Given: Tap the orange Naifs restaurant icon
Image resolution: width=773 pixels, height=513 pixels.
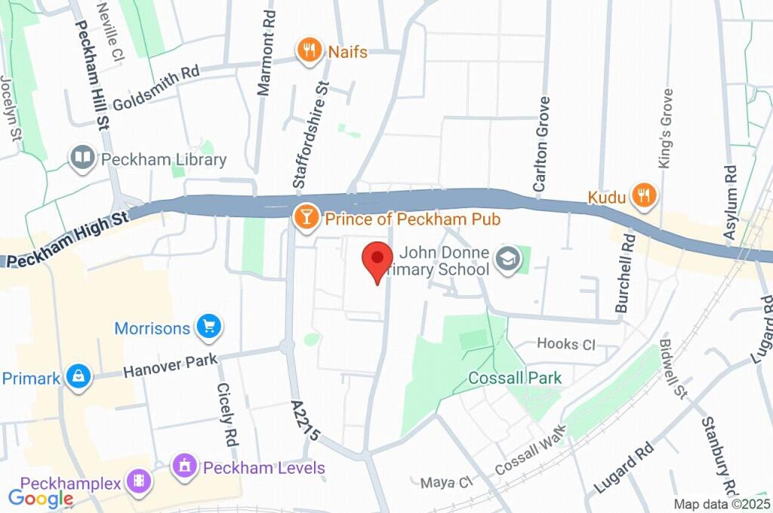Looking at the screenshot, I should (x=308, y=51).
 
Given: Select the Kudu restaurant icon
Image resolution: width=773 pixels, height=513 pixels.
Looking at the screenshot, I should (x=645, y=197).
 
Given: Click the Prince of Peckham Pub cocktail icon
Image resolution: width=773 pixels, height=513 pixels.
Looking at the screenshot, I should (x=305, y=219).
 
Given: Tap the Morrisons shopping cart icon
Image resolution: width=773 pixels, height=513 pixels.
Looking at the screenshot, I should (x=208, y=327).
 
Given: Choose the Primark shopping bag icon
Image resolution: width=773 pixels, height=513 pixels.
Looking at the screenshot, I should (x=78, y=377).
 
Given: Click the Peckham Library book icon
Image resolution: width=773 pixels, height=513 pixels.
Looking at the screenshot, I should (x=82, y=159).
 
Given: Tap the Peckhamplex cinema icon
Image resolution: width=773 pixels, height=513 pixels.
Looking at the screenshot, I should (x=138, y=481).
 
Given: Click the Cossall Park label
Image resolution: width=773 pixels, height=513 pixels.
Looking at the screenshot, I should (x=515, y=377).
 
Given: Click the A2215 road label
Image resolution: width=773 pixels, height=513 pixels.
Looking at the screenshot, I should (x=306, y=423).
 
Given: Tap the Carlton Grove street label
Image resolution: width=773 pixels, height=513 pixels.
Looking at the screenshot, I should (x=541, y=143).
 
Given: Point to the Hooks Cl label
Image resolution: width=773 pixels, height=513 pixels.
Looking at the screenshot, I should (x=565, y=344).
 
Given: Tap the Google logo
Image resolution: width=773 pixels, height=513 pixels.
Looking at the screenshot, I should (x=41, y=498).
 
